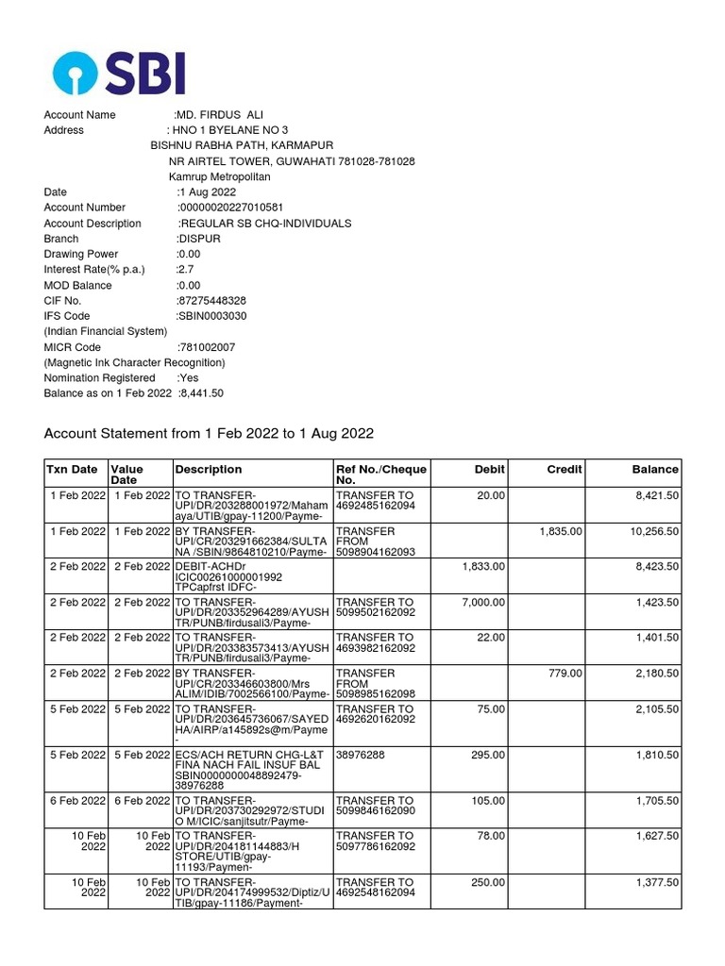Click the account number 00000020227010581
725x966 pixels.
pos(230,208)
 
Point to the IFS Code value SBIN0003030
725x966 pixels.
pos(212,316)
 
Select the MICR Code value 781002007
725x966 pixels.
pos(207,347)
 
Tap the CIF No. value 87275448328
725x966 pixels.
pos(211,301)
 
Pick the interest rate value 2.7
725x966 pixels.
pos(185,270)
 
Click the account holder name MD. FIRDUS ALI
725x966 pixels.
pos(220,115)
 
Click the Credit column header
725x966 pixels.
pos(565,469)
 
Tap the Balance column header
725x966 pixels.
pos(655,469)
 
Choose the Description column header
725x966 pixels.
pos(209,469)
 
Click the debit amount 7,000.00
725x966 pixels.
pos(483,602)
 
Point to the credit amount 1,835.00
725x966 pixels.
pos(561,531)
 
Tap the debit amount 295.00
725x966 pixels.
pos(489,755)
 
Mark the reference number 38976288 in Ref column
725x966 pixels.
pos(360,755)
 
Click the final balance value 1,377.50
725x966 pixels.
pos(657,882)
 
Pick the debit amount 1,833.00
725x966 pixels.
pos(483,566)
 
